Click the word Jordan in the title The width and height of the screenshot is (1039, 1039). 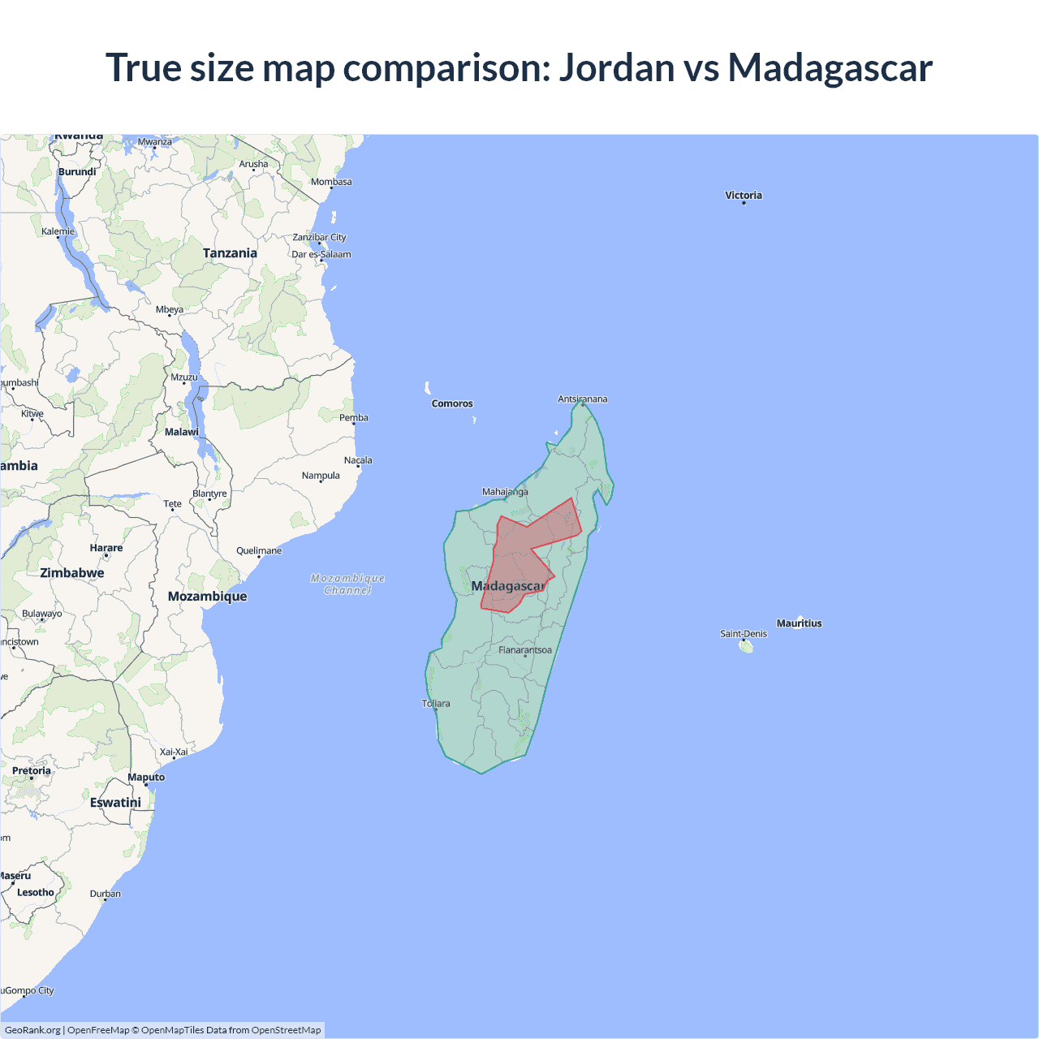click(x=617, y=67)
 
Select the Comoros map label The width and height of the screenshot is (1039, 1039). click(x=452, y=403)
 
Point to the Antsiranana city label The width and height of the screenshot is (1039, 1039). click(x=582, y=399)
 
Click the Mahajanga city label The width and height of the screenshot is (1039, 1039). click(x=505, y=492)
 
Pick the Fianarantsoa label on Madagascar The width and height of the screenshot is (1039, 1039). click(x=525, y=650)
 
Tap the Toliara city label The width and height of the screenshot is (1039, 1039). click(x=436, y=704)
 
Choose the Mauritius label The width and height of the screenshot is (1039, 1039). click(x=800, y=623)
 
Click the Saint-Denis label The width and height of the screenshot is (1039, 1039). click(x=743, y=634)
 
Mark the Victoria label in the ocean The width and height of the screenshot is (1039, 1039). click(x=744, y=196)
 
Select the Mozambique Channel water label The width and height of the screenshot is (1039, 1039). click(x=348, y=584)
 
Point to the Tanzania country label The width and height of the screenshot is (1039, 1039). click(x=230, y=253)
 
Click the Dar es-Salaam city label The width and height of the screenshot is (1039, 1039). click(x=321, y=254)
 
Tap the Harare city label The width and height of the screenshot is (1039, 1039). click(x=106, y=548)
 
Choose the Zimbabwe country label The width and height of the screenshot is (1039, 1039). click(x=72, y=573)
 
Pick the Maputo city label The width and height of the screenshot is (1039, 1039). click(x=146, y=778)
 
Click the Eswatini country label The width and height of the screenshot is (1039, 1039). click(x=115, y=803)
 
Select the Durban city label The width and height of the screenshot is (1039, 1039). click(x=106, y=894)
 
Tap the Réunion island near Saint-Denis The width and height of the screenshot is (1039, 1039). click(x=747, y=647)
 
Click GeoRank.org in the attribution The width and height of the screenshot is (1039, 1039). click(x=32, y=1030)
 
